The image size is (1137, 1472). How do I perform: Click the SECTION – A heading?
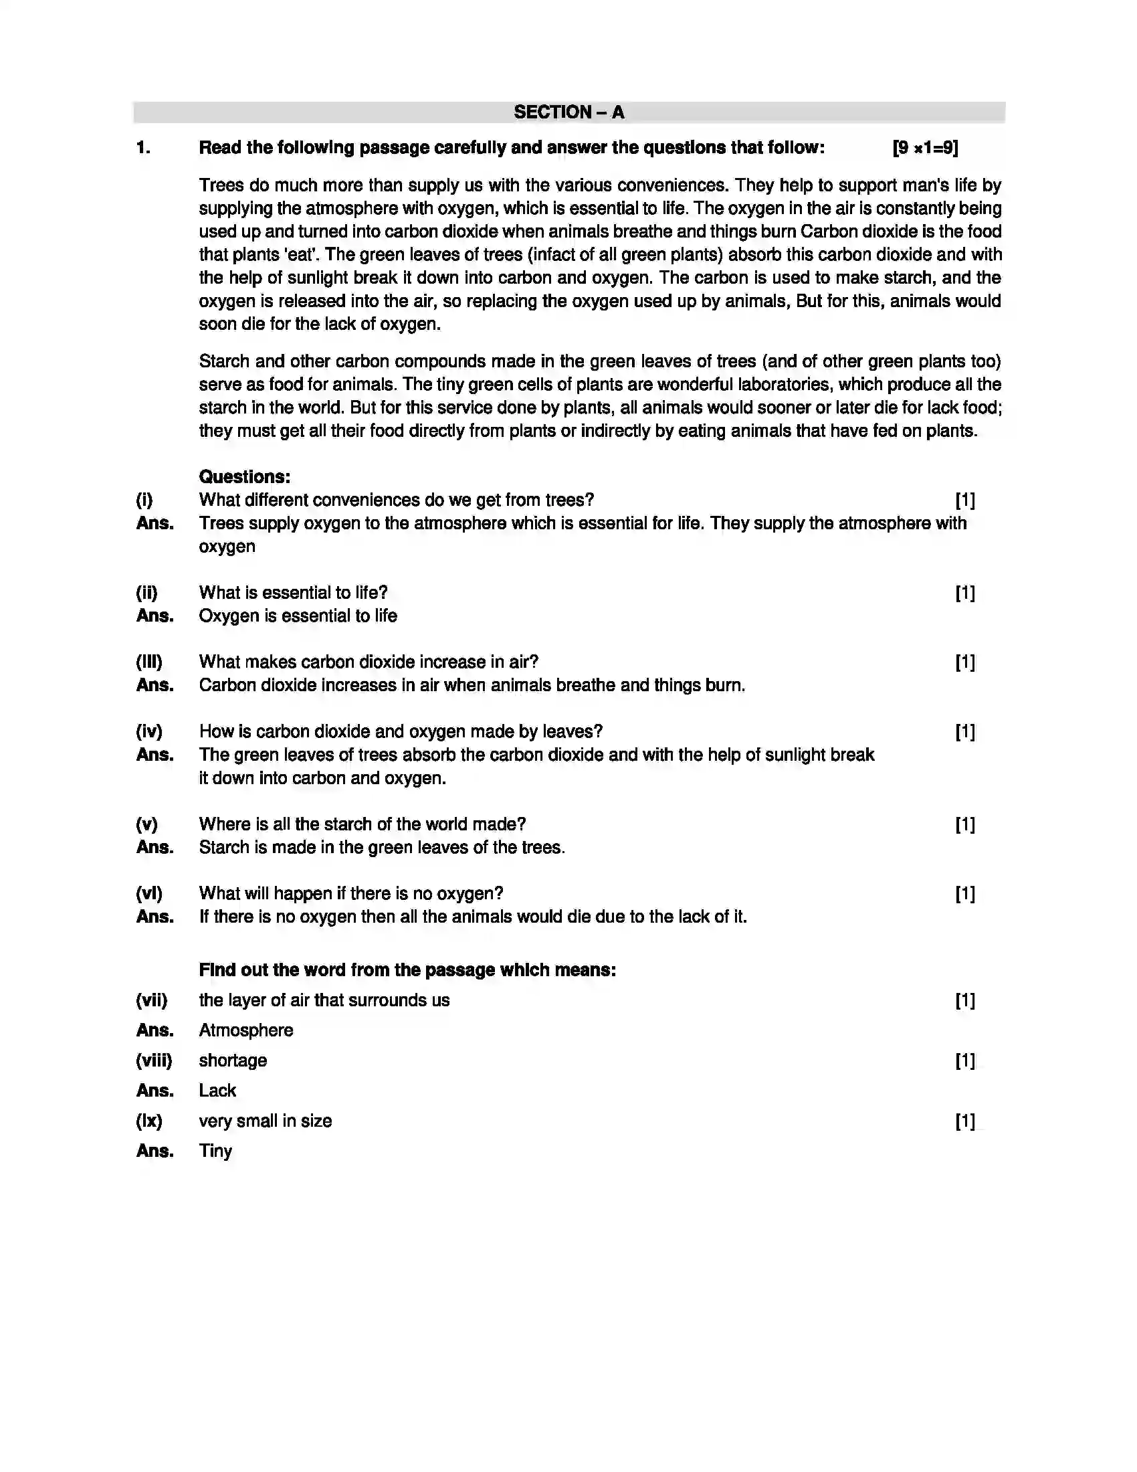(568, 112)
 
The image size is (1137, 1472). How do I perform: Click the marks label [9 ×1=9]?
(924, 148)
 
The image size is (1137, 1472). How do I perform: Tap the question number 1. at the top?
(143, 148)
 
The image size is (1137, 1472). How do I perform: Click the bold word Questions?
(245, 476)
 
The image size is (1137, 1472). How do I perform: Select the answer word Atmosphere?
(246, 1030)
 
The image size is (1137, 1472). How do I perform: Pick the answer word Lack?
(217, 1090)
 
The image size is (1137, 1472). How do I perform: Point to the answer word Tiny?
(215, 1151)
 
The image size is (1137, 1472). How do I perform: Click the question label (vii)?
(151, 1000)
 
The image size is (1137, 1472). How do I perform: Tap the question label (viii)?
(154, 1061)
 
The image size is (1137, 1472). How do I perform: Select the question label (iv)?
(149, 731)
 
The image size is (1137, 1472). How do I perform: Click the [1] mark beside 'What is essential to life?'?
(964, 592)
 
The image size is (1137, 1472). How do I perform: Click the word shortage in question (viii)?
(232, 1061)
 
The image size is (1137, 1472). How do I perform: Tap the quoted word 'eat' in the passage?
(302, 255)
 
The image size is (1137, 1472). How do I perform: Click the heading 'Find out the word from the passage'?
(407, 970)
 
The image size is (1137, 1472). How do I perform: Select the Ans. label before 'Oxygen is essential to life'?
(154, 616)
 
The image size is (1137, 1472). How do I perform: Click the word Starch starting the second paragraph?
(224, 361)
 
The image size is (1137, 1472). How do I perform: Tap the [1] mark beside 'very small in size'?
(964, 1121)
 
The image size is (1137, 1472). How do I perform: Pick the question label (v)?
(146, 824)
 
